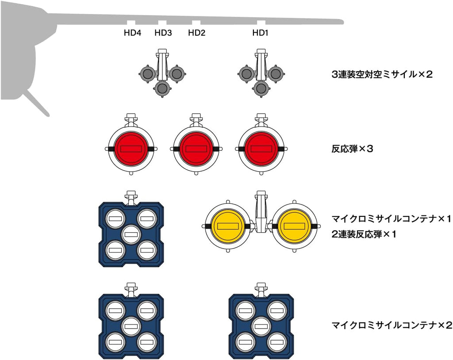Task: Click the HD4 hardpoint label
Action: tap(132, 32)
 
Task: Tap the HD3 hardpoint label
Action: tap(163, 32)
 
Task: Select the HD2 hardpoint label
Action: tap(196, 32)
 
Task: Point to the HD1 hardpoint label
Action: tap(261, 32)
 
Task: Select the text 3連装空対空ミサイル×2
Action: tap(381, 74)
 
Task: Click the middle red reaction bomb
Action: tap(195, 149)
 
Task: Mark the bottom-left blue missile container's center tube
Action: tap(131, 326)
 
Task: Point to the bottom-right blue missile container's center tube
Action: tap(261, 326)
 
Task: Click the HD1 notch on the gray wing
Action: tap(261, 23)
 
